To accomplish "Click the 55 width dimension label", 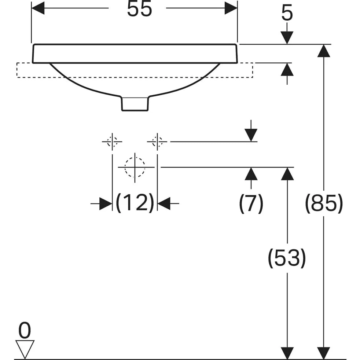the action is [139, 9].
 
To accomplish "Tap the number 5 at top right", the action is [287, 13].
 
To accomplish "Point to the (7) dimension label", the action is [251, 203].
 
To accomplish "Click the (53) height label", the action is [287, 258].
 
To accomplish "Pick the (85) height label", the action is [324, 203].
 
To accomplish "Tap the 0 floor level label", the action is [25, 330].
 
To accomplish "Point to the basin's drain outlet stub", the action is [135, 104].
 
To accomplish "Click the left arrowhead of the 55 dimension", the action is [38, 8].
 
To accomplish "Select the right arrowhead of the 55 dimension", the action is [231, 8].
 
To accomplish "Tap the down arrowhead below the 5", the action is [287, 37].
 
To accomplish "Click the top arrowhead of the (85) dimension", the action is [324, 51].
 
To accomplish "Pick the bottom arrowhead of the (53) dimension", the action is [287, 353].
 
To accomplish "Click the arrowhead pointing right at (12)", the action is [106, 203].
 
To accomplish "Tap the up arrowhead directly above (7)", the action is [251, 173].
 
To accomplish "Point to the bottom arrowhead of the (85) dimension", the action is [324, 353].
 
